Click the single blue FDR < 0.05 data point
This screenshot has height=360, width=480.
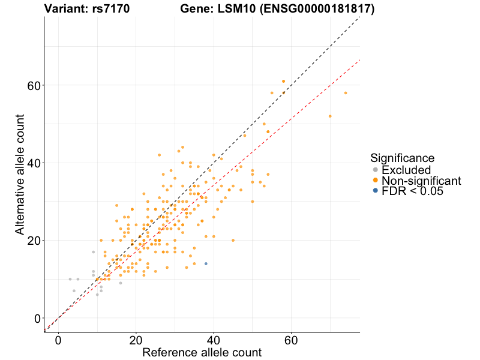click(206, 263)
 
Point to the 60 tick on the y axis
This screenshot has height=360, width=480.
click(34, 85)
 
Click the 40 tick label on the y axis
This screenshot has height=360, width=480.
click(34, 163)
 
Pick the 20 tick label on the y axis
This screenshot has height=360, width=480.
click(34, 241)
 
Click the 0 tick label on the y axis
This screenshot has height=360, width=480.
click(37, 318)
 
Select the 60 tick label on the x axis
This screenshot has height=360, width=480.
click(291, 340)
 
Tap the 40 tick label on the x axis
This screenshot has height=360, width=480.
click(214, 340)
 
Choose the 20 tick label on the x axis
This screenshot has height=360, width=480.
click(136, 340)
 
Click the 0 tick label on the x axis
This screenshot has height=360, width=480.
click(58, 340)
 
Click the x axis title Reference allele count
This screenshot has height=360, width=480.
click(202, 352)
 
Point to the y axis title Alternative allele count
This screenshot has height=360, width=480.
click(20, 174)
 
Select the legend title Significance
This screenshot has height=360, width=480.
click(402, 158)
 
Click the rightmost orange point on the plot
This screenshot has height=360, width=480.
click(346, 93)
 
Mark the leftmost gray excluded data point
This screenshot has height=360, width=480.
click(70, 279)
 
